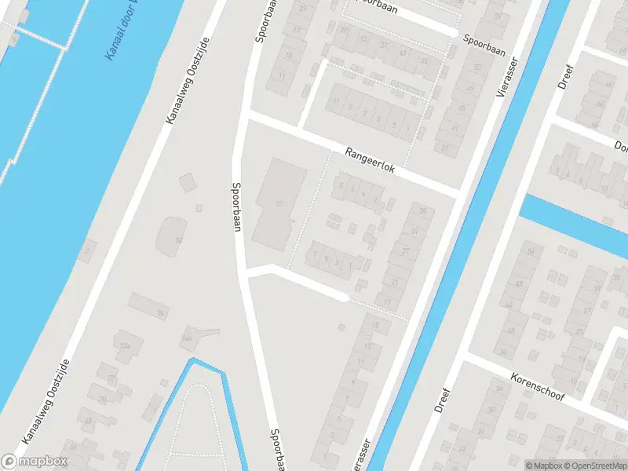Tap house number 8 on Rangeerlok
[341, 187]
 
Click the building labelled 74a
[188, 338]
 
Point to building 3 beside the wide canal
[89, 250]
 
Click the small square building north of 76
[188, 182]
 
